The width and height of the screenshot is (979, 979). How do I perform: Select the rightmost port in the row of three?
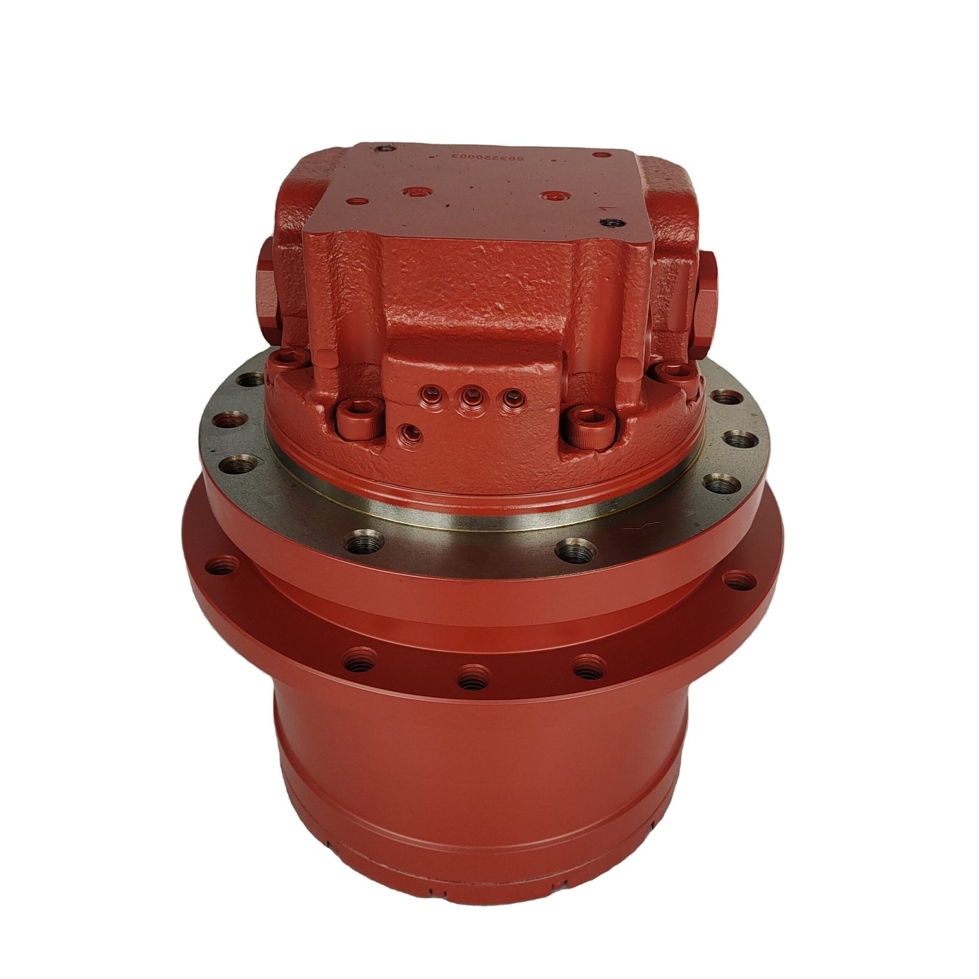pyautogui.click(x=513, y=398)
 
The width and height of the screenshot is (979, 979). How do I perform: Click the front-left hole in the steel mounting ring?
pyautogui.click(x=364, y=541)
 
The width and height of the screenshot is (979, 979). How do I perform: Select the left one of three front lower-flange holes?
pyautogui.click(x=360, y=661)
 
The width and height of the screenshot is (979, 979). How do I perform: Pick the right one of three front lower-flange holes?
pyautogui.click(x=589, y=666)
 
